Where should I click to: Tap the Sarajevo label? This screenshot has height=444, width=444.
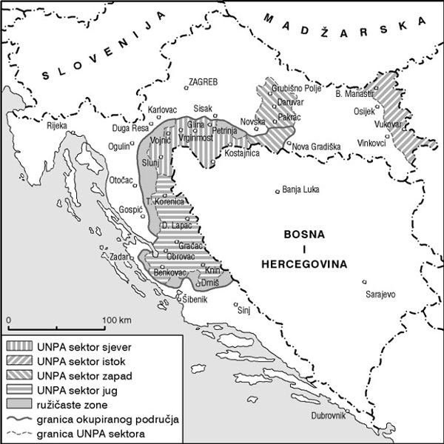(x=381, y=295)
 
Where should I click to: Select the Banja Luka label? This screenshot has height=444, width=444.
(x=300, y=189)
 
